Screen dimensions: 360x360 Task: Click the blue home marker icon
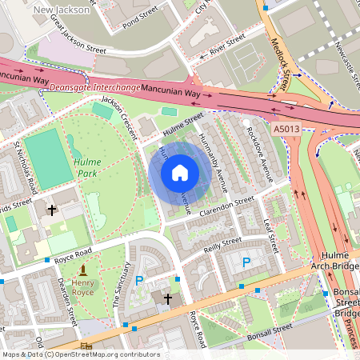[x=180, y=173]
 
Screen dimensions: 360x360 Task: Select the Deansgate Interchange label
[x=94, y=87]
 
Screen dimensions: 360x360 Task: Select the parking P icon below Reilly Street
[x=246, y=262]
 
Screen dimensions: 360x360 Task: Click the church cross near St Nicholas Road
[x=53, y=210]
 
